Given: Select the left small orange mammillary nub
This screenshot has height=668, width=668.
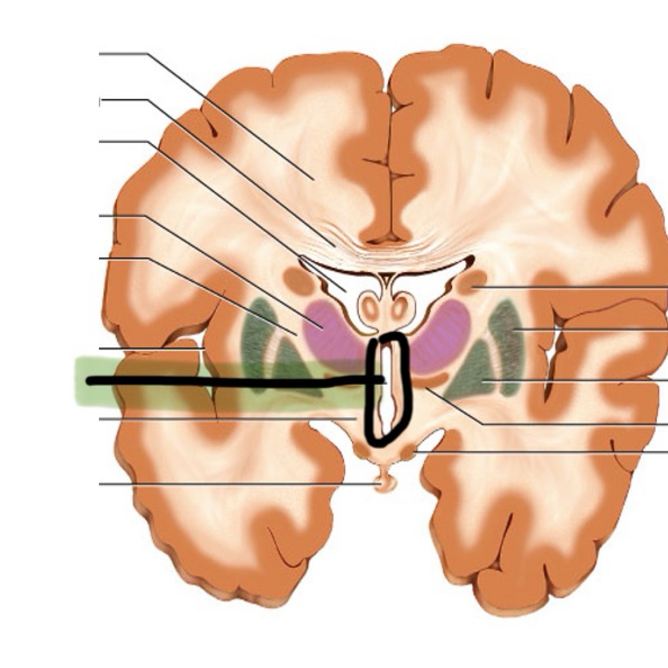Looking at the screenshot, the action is click(361, 451).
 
